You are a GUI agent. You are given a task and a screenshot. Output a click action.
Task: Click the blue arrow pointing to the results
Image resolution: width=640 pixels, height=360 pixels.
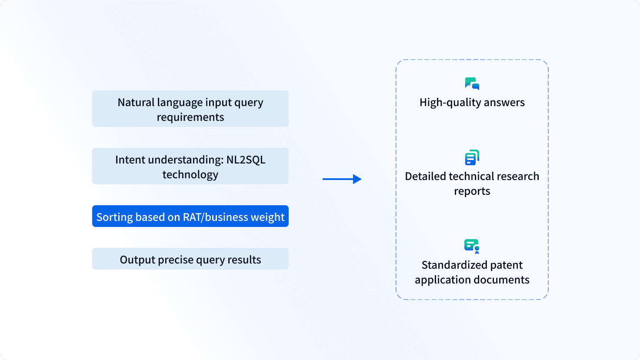pyautogui.click(x=342, y=179)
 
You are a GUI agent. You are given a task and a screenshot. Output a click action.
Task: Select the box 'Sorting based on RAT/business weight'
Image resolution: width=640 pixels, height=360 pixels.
pyautogui.click(x=190, y=216)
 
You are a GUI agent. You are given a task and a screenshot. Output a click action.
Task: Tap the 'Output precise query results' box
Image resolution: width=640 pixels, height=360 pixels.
pyautogui.click(x=190, y=259)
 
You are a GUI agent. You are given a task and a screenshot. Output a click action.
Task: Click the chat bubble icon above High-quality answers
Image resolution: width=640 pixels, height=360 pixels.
pyautogui.click(x=472, y=83)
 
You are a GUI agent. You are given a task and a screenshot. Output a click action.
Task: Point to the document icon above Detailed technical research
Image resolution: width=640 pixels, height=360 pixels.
pyautogui.click(x=472, y=157)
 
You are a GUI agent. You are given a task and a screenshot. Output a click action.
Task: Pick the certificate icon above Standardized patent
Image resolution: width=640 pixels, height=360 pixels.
pyautogui.click(x=472, y=246)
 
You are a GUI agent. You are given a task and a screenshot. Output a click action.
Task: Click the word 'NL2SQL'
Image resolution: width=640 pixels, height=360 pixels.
pyautogui.click(x=246, y=160)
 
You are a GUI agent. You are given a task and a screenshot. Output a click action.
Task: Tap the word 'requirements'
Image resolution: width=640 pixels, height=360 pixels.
pyautogui.click(x=190, y=117)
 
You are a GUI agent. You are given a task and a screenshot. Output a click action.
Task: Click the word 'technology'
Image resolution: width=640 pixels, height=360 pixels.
pyautogui.click(x=190, y=175)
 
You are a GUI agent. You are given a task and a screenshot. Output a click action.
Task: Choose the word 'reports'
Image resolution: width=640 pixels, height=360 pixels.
pyautogui.click(x=472, y=191)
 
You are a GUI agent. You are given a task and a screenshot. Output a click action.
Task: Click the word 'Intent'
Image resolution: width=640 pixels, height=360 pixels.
pyautogui.click(x=130, y=160)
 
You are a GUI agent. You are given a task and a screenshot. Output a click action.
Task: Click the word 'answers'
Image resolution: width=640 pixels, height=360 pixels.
pyautogui.click(x=504, y=103)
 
